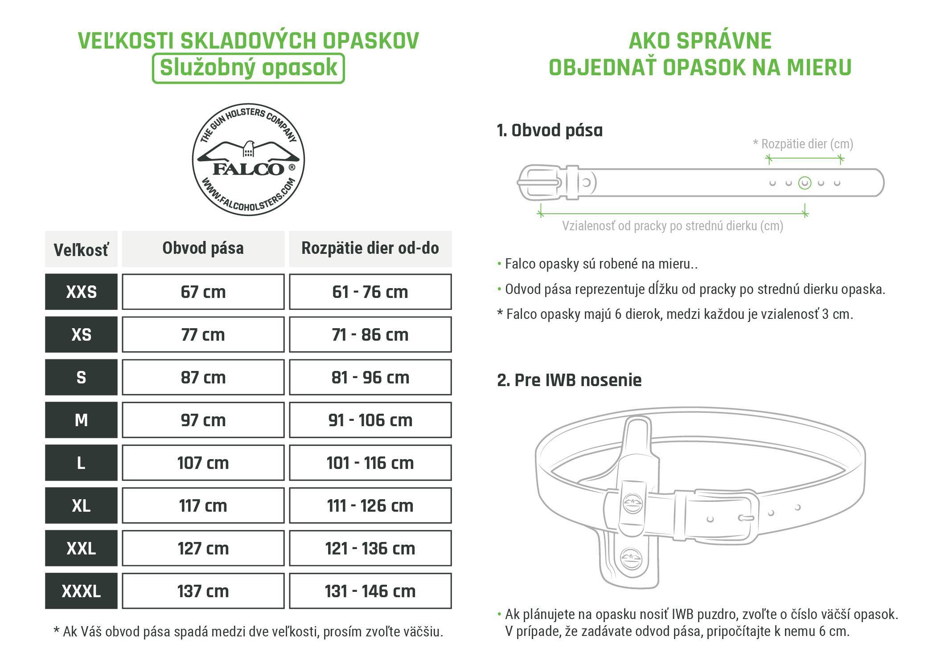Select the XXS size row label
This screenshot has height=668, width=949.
[81, 292]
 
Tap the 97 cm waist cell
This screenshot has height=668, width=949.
[203, 420]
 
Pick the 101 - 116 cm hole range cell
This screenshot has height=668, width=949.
[370, 463]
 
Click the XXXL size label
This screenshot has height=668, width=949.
[81, 591]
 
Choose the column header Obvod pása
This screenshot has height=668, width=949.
[203, 248]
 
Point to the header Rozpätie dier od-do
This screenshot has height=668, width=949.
[370, 248]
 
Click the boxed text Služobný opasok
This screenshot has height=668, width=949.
[248, 68]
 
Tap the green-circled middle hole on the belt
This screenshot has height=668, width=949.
[805, 183]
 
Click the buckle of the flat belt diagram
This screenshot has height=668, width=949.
[539, 183]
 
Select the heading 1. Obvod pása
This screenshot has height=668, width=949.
[550, 130]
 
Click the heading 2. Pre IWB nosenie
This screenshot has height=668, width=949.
[569, 380]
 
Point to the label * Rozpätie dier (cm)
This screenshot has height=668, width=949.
[803, 144]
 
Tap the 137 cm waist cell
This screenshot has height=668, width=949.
[203, 591]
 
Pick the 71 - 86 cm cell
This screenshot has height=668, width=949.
[370, 334]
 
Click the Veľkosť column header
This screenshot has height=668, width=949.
[81, 249]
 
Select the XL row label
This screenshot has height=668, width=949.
[81, 505]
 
